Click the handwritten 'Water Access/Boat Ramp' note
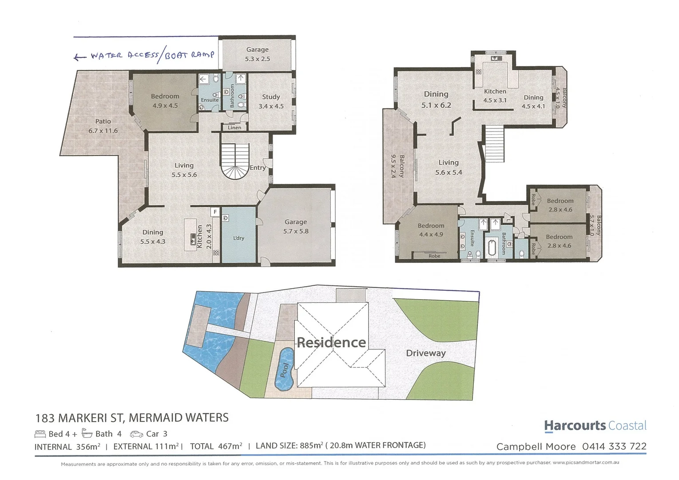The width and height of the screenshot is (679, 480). (x=144, y=56)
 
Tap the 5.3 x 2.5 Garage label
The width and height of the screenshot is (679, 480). (x=258, y=54)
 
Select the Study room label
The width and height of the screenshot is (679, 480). (x=271, y=101)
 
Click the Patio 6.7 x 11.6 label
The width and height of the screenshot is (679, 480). (x=103, y=126)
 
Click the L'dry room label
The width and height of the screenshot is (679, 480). (x=238, y=238)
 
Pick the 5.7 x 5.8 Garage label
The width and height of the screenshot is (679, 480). (x=296, y=227)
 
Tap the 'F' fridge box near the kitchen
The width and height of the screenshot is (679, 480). (x=215, y=212)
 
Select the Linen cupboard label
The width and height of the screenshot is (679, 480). (x=234, y=128)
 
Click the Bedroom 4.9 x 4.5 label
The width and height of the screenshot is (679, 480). (x=165, y=101)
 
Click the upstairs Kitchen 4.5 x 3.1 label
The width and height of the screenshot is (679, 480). (x=495, y=96)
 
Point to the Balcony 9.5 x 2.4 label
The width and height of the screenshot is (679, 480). (x=397, y=166)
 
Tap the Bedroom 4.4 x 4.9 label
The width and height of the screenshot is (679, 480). (x=431, y=230)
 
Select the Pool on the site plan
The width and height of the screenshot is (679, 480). (x=284, y=369)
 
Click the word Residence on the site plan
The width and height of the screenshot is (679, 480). (x=331, y=342)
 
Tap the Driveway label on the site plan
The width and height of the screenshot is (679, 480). (x=425, y=353)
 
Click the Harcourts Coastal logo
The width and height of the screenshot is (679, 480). (x=595, y=426)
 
